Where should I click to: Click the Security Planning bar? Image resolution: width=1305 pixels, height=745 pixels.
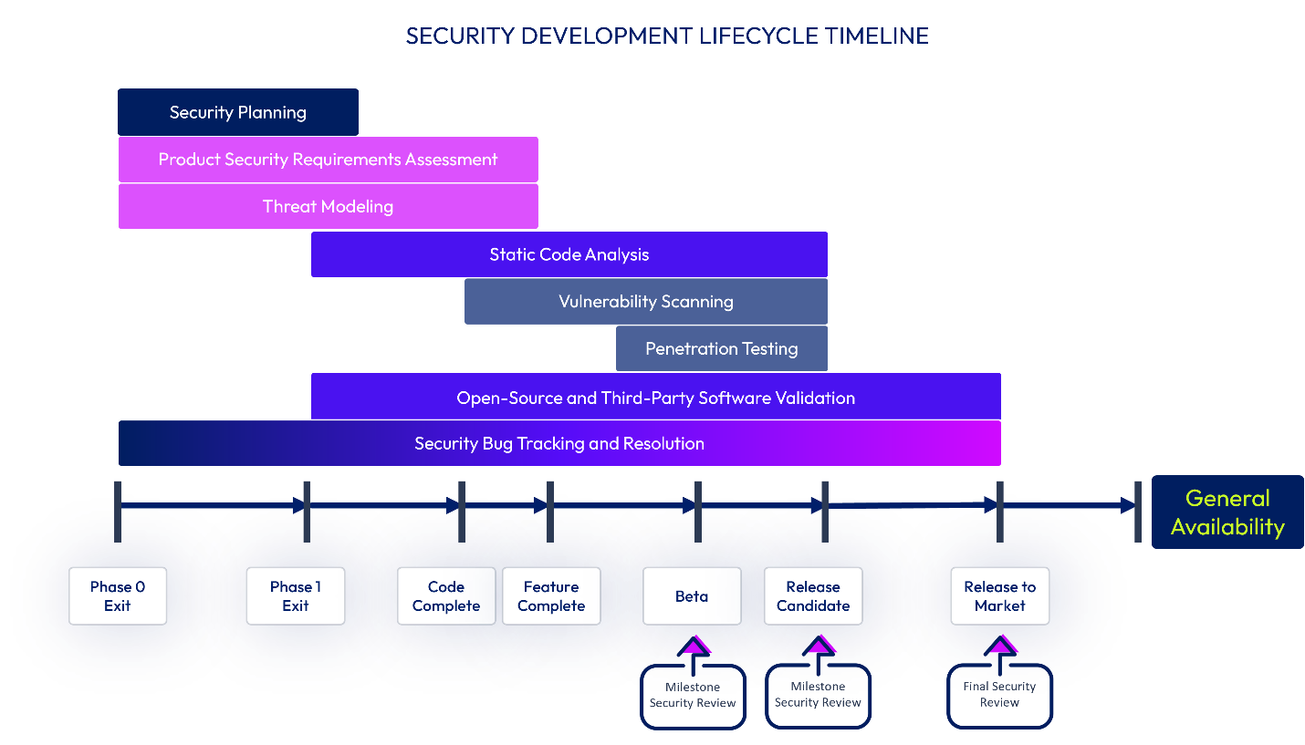238,112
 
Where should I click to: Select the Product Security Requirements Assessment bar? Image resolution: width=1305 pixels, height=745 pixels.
329,160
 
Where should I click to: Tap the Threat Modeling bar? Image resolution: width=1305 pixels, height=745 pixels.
329,207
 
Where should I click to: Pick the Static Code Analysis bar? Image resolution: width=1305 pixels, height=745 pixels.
569,254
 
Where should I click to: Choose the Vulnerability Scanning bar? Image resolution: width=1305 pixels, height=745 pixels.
646,302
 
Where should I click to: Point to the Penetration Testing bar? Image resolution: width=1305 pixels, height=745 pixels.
722,349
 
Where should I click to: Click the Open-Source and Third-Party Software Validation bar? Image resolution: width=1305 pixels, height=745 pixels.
656,397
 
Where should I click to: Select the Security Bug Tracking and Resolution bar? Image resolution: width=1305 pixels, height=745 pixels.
559,444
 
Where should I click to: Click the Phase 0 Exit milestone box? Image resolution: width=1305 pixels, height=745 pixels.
118,596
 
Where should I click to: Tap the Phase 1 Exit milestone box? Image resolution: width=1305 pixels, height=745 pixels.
296,596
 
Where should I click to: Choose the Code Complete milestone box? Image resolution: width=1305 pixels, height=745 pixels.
446,596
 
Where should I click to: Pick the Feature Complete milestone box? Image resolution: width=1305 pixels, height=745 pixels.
551,596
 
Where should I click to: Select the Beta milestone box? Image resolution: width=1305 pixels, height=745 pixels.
692,596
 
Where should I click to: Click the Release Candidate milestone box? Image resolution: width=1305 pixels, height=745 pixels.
813,596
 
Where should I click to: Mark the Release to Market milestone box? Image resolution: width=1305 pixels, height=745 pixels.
1000,596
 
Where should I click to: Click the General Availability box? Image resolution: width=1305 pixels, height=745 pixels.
1227,512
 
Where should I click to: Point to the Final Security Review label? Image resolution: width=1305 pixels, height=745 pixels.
1000,695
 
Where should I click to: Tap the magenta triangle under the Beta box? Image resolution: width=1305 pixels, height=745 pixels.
697,645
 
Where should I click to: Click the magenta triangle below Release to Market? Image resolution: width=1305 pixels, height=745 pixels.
1004,645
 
